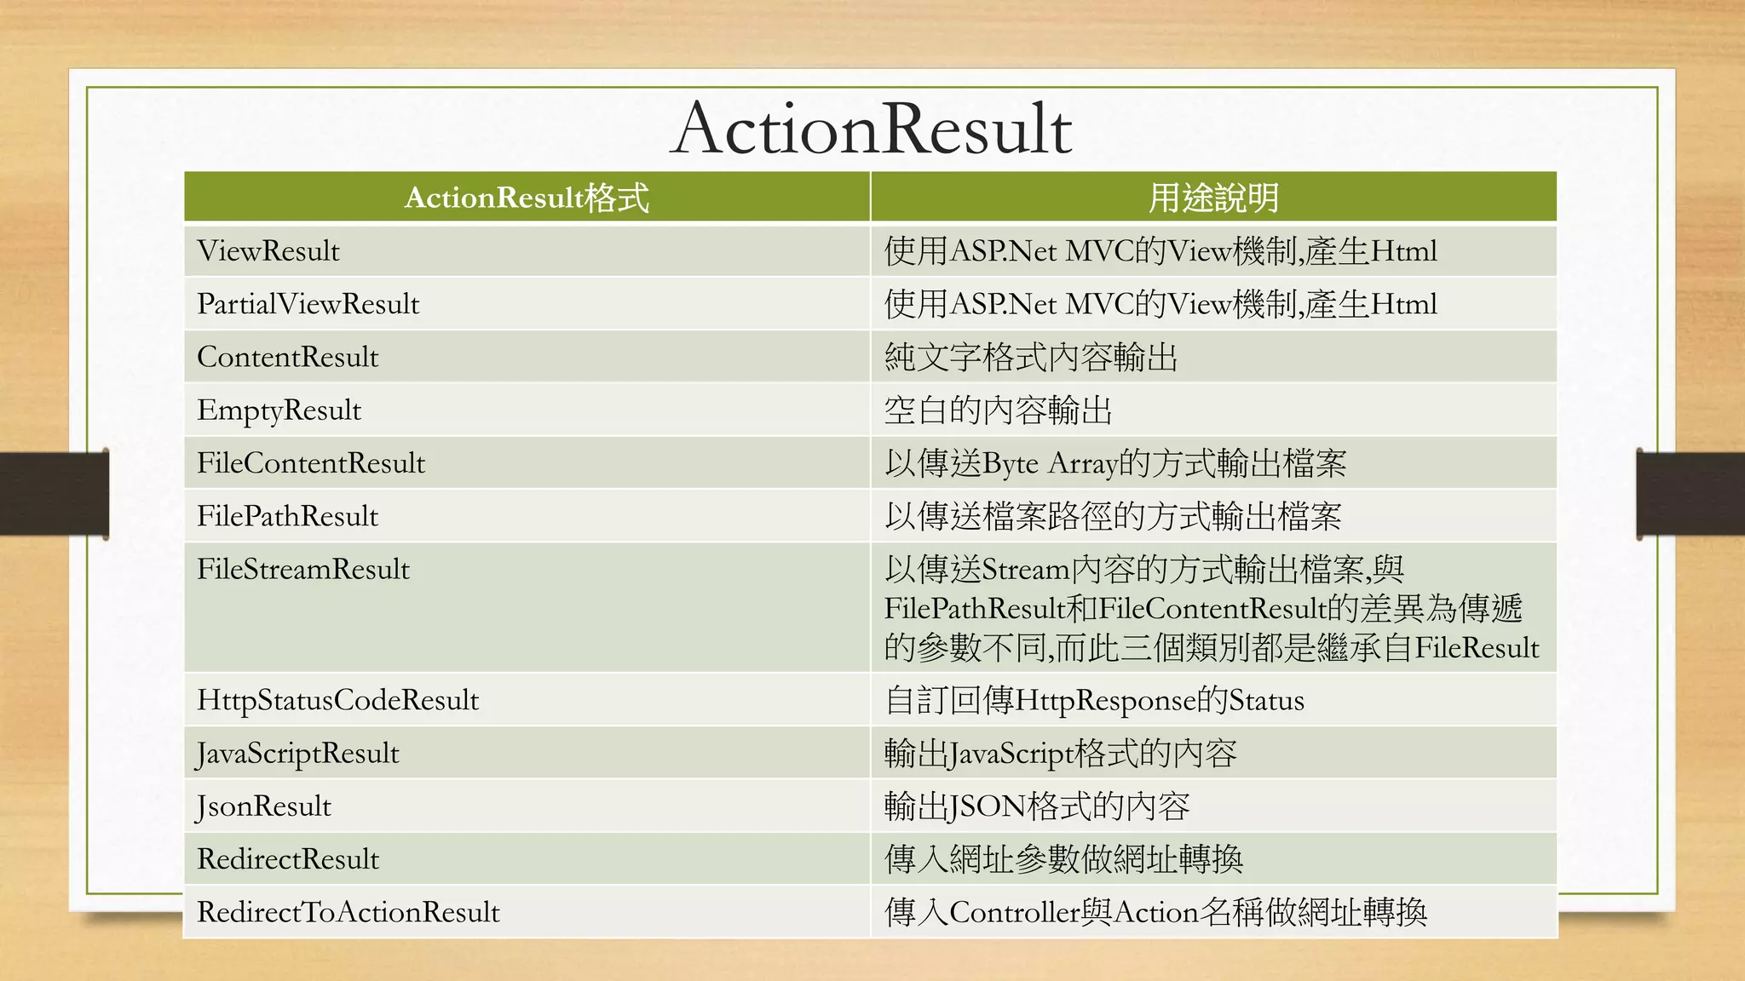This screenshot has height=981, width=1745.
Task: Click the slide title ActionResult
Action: pos(871,129)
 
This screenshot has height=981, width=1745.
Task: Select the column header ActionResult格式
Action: pos(527,198)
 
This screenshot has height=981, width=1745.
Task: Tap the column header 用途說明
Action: pos(1213,198)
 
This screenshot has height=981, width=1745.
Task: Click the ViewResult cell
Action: pos(268,251)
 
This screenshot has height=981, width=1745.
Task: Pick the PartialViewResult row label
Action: pos(308,304)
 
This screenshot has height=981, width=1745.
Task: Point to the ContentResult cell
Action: pos(287,357)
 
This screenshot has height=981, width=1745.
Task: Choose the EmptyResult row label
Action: pos(279,410)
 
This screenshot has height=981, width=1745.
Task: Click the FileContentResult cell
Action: pos(310,463)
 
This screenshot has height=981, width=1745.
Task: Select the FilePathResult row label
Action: pos(287,516)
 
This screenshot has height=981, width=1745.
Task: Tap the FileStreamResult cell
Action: pos(303,569)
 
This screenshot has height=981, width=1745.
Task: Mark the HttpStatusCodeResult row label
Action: pos(337,700)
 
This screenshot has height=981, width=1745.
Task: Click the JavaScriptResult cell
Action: pos(297,754)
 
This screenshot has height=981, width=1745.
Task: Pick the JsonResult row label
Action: pos(263,806)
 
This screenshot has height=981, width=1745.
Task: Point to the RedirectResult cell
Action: pos(288,859)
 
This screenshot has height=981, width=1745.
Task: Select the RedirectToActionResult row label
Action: pos(348,912)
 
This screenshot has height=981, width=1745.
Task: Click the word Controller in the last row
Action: pos(1014,912)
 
